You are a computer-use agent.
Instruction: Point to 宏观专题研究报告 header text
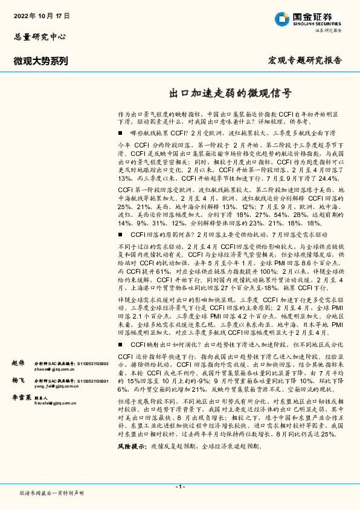304,60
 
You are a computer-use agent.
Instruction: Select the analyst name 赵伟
18,363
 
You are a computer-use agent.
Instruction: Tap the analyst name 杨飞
18,381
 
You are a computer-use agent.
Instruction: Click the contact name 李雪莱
22,399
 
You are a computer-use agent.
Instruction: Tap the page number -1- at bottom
179,487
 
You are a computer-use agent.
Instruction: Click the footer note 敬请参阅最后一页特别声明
52,493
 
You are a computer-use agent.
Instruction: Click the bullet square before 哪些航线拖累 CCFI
121,132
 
